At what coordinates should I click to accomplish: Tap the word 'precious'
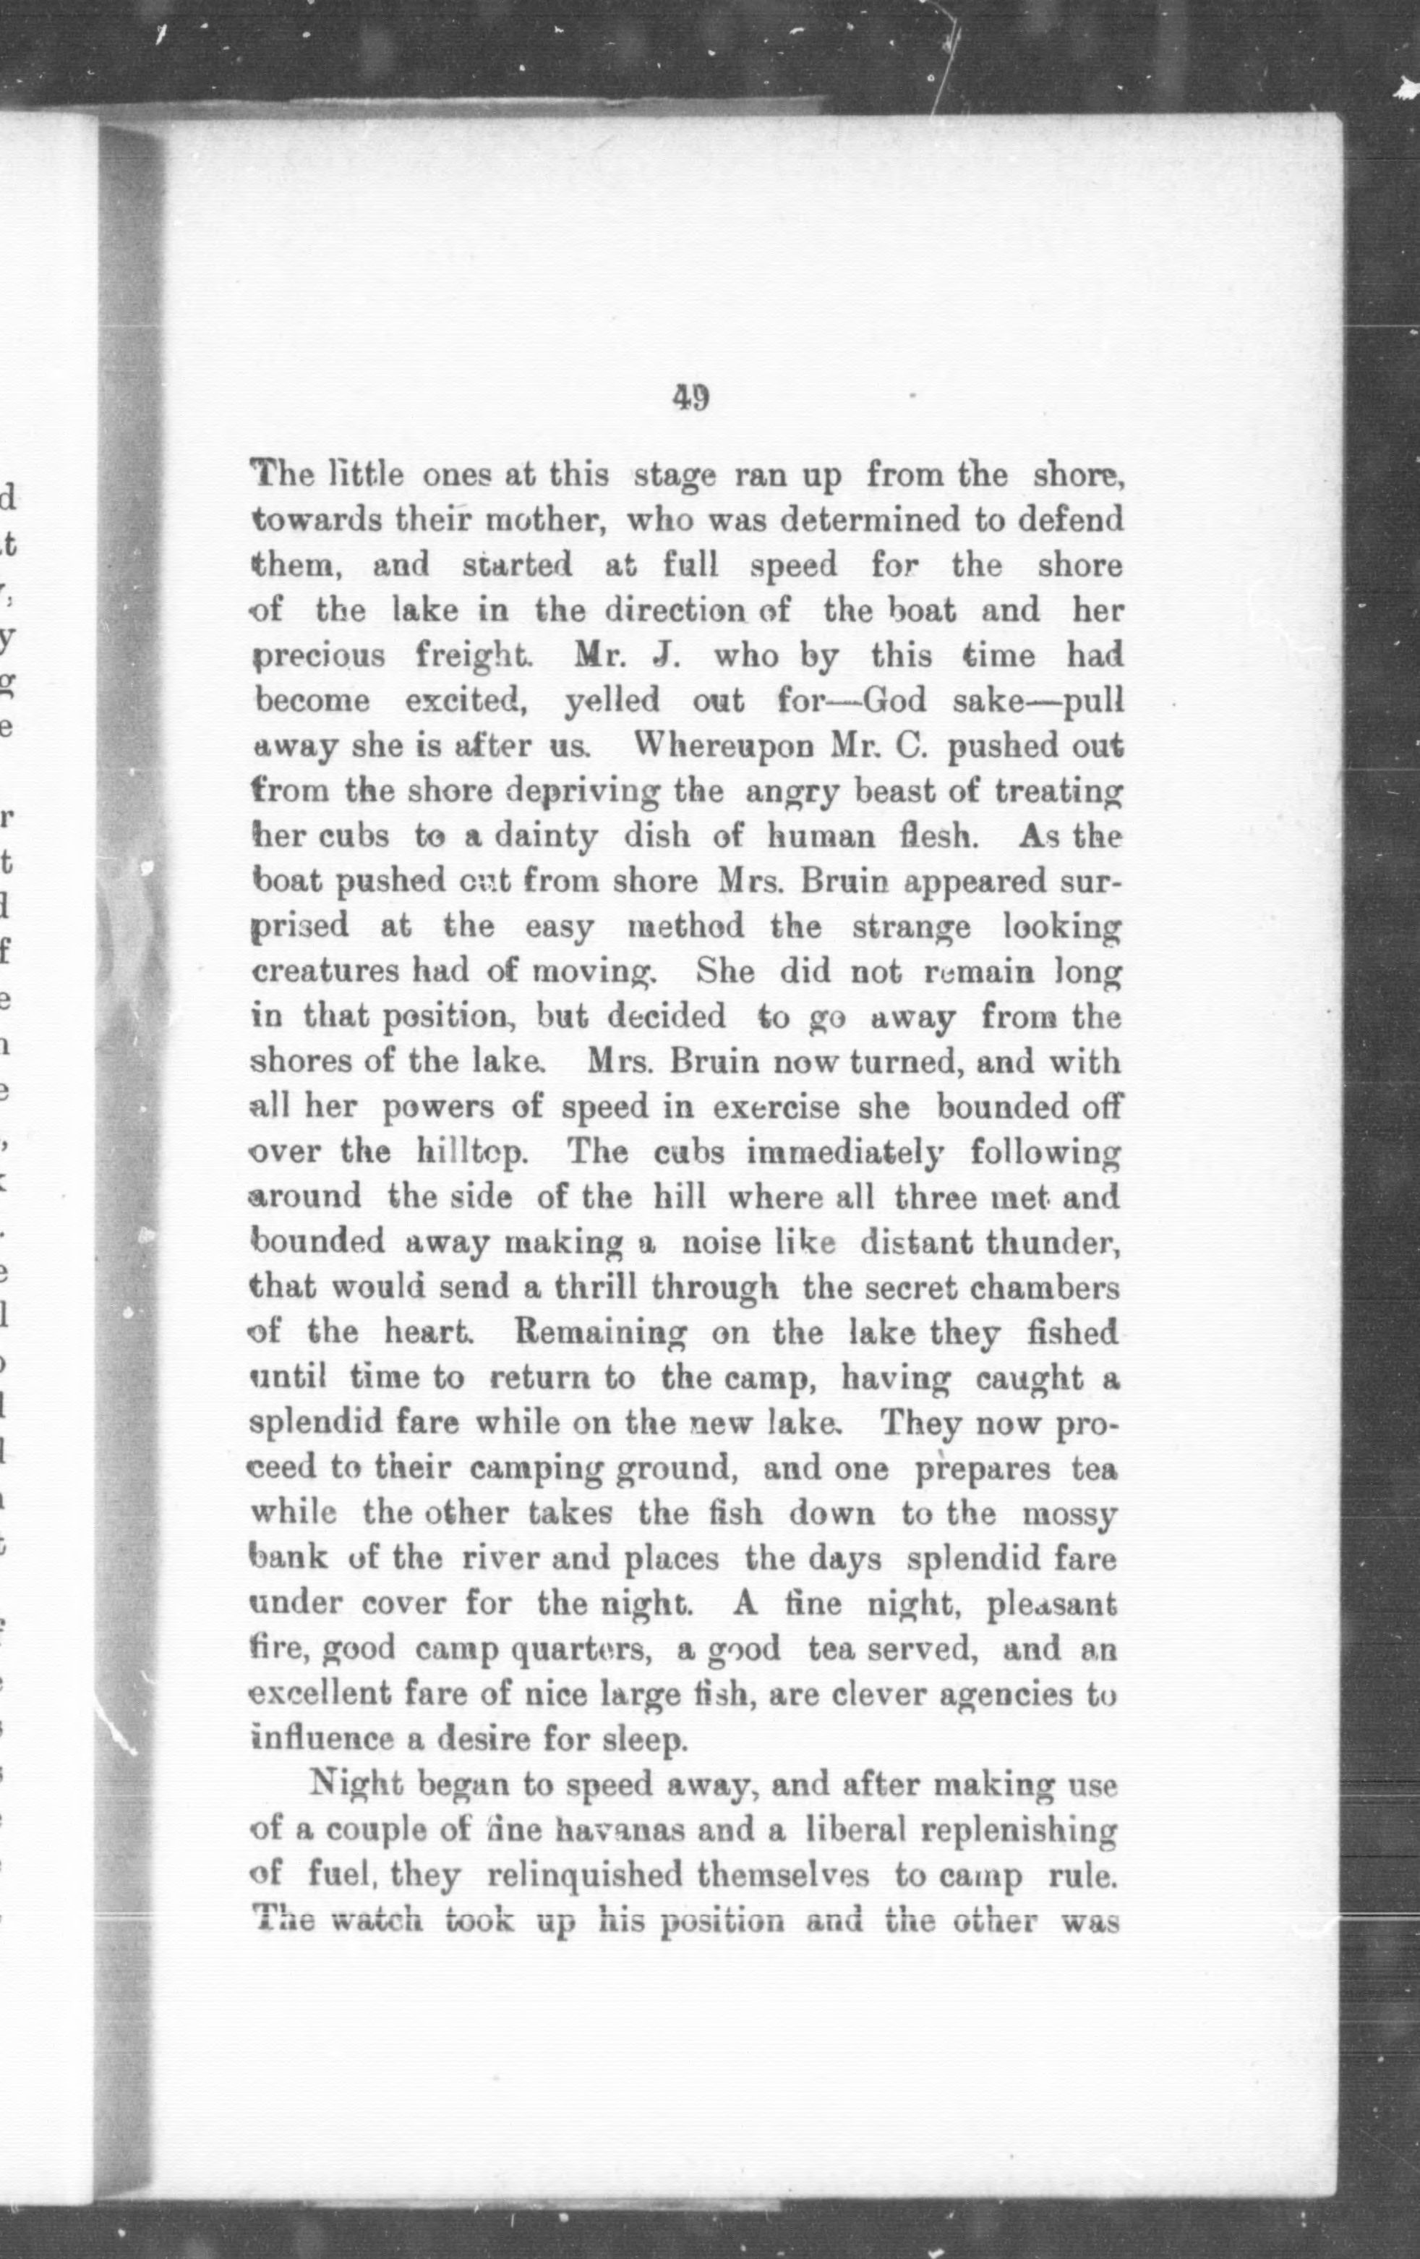click(x=319, y=656)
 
